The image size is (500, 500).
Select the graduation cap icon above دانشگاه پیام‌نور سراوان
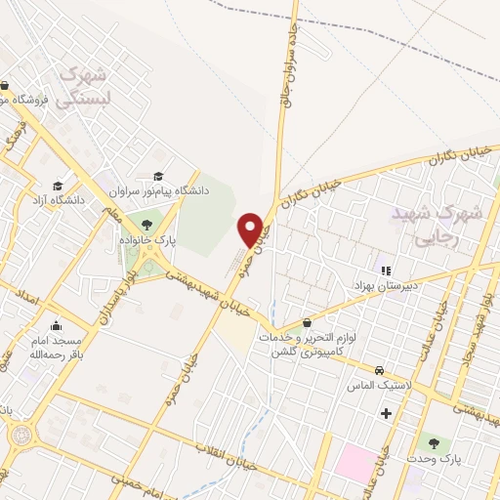click(158, 177)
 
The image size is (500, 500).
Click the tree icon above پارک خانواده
click(146, 226)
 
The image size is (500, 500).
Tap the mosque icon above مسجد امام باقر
click(55, 325)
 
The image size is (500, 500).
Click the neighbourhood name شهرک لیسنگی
click(80, 85)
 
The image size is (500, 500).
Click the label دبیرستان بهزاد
click(385, 285)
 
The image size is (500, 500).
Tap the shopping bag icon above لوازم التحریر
click(308, 322)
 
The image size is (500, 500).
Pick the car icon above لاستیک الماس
click(379, 371)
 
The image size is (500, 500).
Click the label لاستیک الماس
click(374, 387)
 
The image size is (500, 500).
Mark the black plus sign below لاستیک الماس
click(386, 414)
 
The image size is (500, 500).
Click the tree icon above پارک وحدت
click(434, 443)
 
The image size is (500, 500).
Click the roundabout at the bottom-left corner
click(15, 434)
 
